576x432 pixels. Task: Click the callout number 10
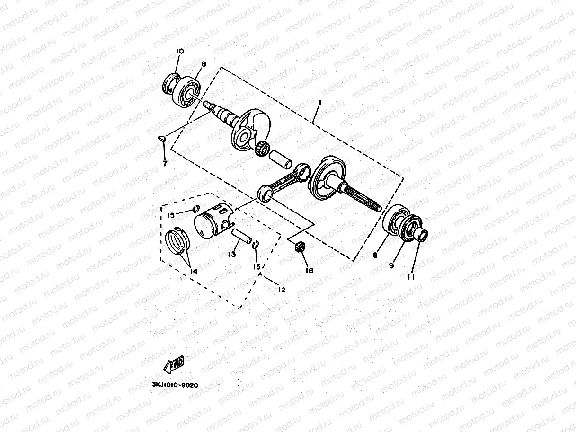(180, 51)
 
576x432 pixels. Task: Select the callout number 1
(320, 102)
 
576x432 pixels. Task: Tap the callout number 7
(164, 163)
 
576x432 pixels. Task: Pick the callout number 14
(194, 271)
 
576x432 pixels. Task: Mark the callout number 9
(391, 266)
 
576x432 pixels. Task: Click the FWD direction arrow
(174, 364)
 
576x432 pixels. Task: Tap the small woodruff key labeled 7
(162, 138)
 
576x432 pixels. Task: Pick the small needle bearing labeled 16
(299, 247)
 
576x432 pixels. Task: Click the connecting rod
(284, 180)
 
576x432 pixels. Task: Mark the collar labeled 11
(420, 234)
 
